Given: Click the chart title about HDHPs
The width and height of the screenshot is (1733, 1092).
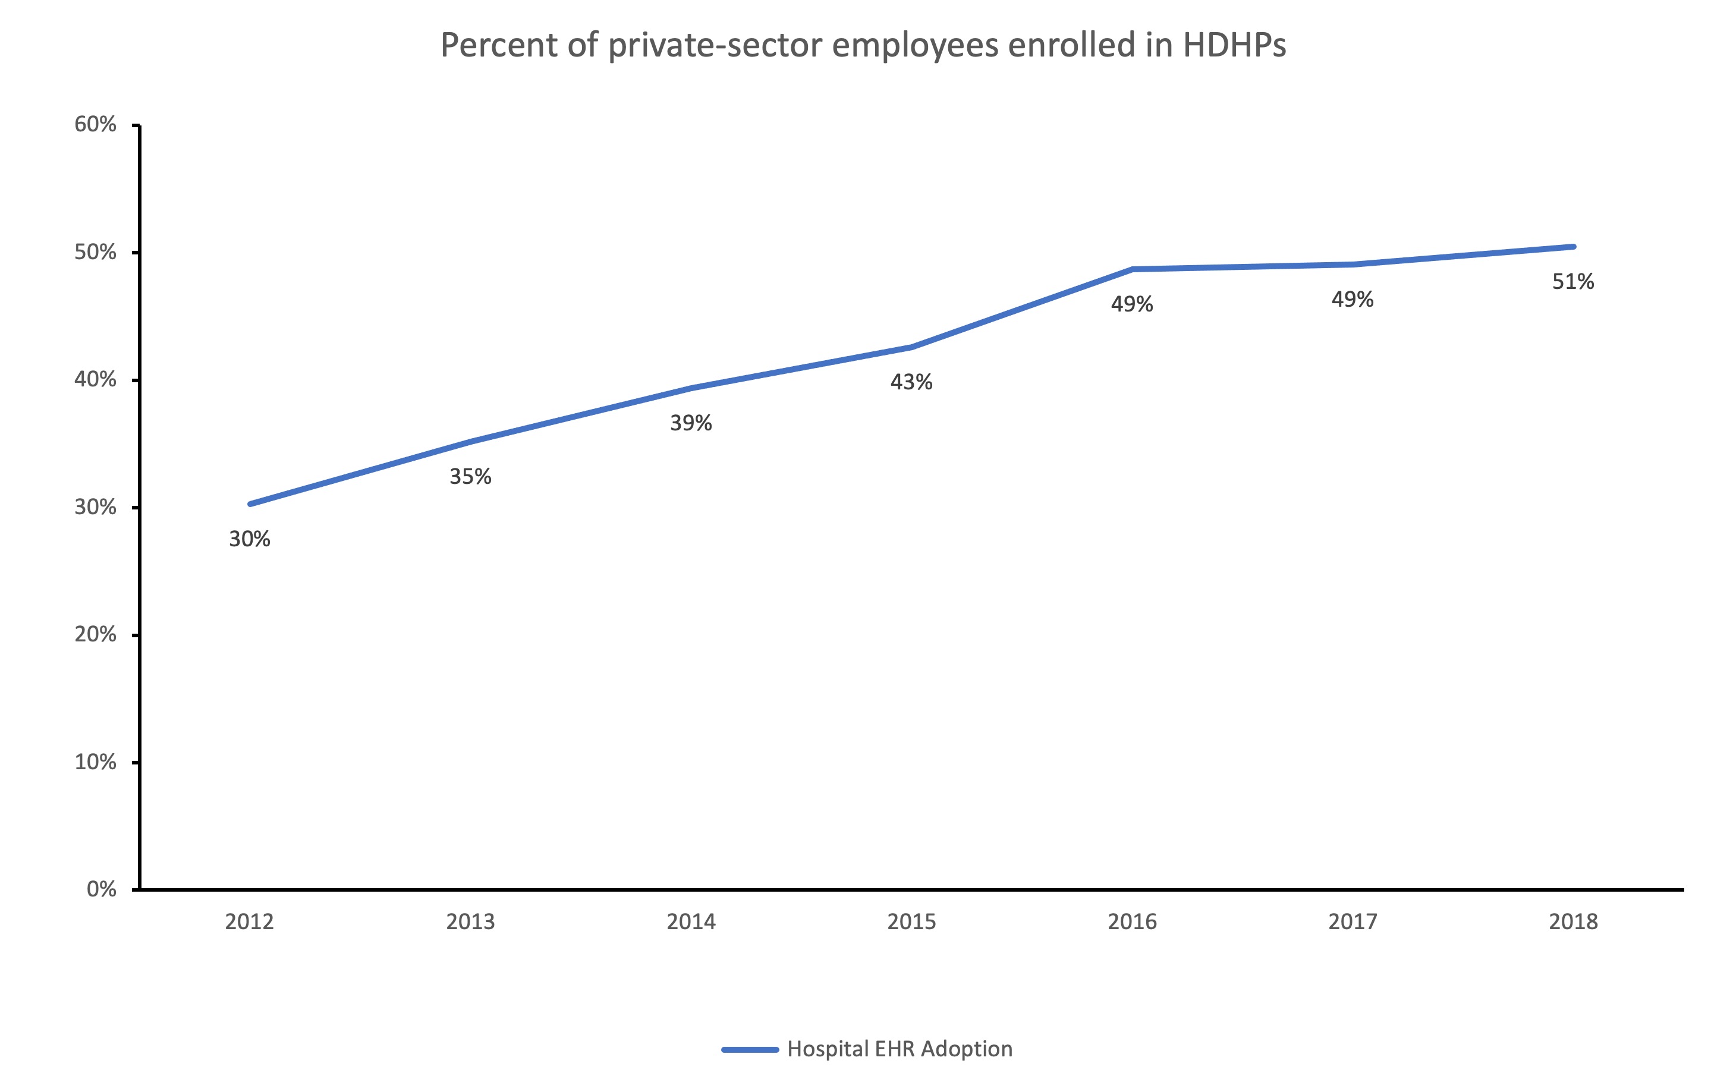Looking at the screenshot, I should [x=862, y=45].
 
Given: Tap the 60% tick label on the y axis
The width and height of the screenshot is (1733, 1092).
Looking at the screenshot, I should [x=95, y=124].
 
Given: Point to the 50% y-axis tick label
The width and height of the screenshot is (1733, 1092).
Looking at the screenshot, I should [x=95, y=252].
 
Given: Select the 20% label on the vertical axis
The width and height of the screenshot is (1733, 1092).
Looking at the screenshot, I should [x=95, y=634].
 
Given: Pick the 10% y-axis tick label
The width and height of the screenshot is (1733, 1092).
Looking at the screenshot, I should [x=95, y=761].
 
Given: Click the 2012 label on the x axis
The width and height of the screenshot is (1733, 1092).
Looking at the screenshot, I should [x=249, y=922].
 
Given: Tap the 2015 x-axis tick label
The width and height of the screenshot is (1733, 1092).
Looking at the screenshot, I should [x=911, y=922].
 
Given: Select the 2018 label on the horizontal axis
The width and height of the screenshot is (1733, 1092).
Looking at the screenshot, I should [x=1573, y=922].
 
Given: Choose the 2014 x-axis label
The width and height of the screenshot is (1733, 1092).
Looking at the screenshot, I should [x=691, y=922].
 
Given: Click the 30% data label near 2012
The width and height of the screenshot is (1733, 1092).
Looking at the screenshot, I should [x=249, y=539].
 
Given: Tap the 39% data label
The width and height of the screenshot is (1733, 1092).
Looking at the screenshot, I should [x=691, y=423].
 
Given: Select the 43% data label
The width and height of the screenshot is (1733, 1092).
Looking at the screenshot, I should [x=911, y=382].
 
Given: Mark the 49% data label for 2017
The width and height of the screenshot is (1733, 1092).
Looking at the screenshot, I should [x=1353, y=300].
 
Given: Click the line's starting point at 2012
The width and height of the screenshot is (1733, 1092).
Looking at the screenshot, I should [x=250, y=504].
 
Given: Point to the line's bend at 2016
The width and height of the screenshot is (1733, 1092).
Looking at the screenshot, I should [x=1132, y=269].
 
